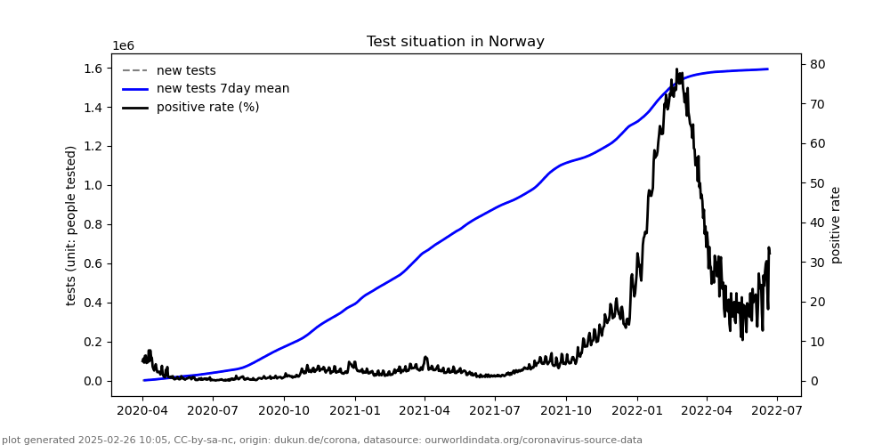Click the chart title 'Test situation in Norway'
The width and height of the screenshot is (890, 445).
[x=455, y=42]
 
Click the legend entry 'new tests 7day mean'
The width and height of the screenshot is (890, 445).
[x=222, y=89]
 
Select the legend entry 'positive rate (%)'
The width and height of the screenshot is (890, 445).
[x=207, y=108]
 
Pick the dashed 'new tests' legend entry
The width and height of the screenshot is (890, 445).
[x=186, y=71]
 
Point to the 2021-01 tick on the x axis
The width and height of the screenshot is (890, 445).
[x=354, y=411]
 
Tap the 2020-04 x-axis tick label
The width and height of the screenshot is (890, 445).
[x=143, y=411]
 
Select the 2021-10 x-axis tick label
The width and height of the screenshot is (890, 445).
[x=566, y=411]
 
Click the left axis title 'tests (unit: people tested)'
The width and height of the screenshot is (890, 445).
[x=71, y=225]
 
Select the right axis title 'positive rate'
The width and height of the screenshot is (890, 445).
[x=836, y=225]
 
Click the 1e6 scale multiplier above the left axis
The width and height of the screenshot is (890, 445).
[x=123, y=46]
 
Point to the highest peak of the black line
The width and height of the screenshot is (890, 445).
[x=676, y=69]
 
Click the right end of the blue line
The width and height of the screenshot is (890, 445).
[x=767, y=69]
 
